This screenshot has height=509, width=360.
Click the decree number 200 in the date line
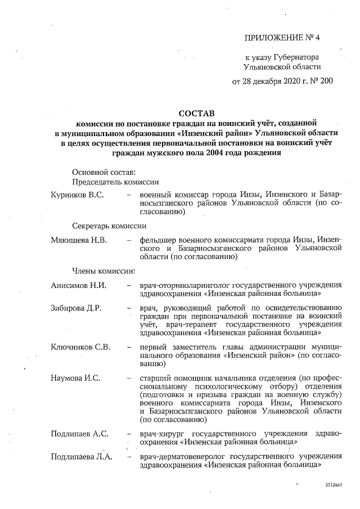[326, 81]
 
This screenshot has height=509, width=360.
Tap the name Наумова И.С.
[75, 377]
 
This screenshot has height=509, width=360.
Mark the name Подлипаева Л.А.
[81, 456]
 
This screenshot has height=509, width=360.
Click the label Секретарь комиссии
[109, 226]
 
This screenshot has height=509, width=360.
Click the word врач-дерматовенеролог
[183, 456]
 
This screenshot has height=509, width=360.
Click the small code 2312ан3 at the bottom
[333, 484]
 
